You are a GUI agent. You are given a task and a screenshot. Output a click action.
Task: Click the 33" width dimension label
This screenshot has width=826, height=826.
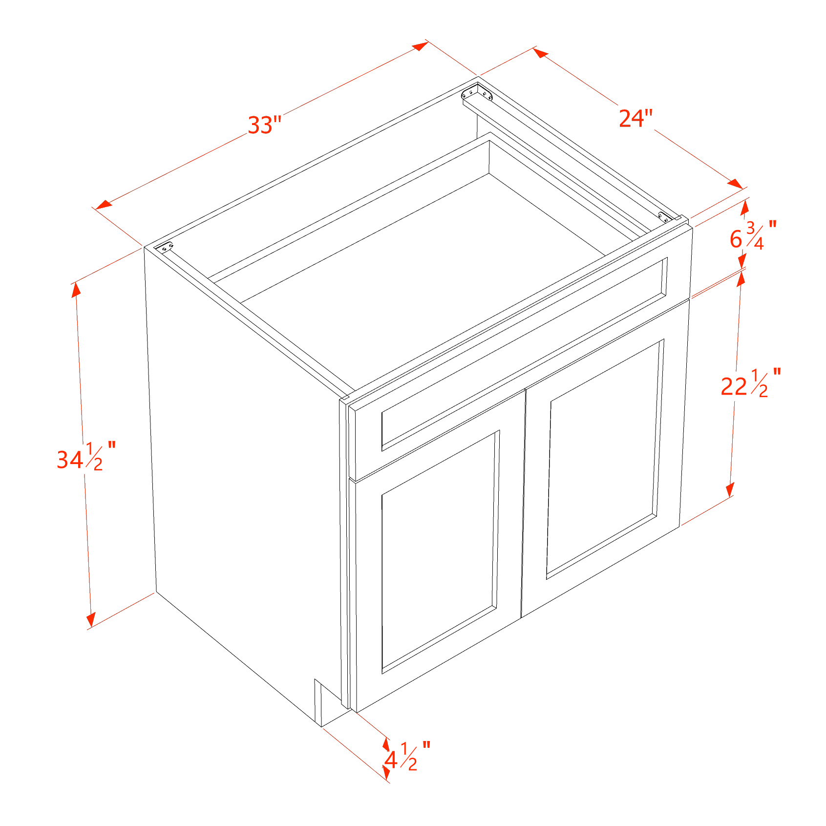tap(265, 125)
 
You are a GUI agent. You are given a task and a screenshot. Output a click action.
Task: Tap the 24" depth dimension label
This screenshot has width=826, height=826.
tap(635, 118)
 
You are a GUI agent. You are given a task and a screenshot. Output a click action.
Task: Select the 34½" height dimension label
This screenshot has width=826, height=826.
tap(86, 457)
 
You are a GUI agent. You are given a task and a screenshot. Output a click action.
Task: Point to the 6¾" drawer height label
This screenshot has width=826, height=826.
tap(753, 235)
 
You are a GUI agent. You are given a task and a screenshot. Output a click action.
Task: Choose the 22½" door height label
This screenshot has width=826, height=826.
tap(751, 383)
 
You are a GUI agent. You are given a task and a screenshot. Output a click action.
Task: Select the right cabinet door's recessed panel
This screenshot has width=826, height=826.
tap(605, 459)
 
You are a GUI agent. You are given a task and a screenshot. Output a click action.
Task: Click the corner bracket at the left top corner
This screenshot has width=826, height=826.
tap(164, 248)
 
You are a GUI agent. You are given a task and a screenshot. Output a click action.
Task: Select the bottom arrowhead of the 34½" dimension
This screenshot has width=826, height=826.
tap(91, 619)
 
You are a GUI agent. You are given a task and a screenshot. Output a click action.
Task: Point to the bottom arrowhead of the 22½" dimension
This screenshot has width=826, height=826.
tap(730, 490)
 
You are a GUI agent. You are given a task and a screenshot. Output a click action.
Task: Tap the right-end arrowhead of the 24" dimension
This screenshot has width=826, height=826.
tap(735, 184)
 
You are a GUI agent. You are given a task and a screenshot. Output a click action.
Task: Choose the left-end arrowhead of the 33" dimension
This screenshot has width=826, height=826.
tap(104, 204)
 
